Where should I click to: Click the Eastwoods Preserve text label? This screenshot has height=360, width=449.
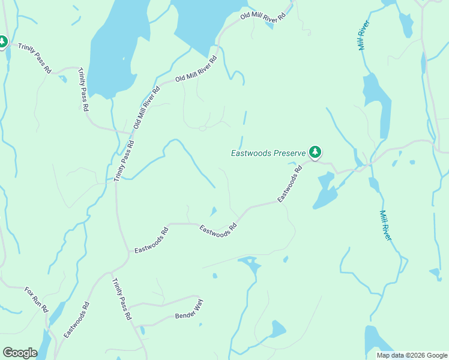(268, 153)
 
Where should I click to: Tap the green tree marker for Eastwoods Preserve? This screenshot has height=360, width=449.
(315, 152)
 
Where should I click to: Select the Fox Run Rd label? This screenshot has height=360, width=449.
(36, 299)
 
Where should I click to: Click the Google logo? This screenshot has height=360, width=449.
(20, 353)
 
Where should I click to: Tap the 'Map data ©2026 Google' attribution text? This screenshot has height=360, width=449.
(411, 355)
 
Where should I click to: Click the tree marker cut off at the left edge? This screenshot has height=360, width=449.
(2, 42)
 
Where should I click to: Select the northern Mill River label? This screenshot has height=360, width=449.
(363, 35)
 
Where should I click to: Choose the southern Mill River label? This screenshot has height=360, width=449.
(385, 226)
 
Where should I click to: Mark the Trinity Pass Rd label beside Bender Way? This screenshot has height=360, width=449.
(122, 299)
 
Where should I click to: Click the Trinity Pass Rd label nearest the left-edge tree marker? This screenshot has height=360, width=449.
(35, 58)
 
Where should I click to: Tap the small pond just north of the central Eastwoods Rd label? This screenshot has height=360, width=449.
(213, 211)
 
